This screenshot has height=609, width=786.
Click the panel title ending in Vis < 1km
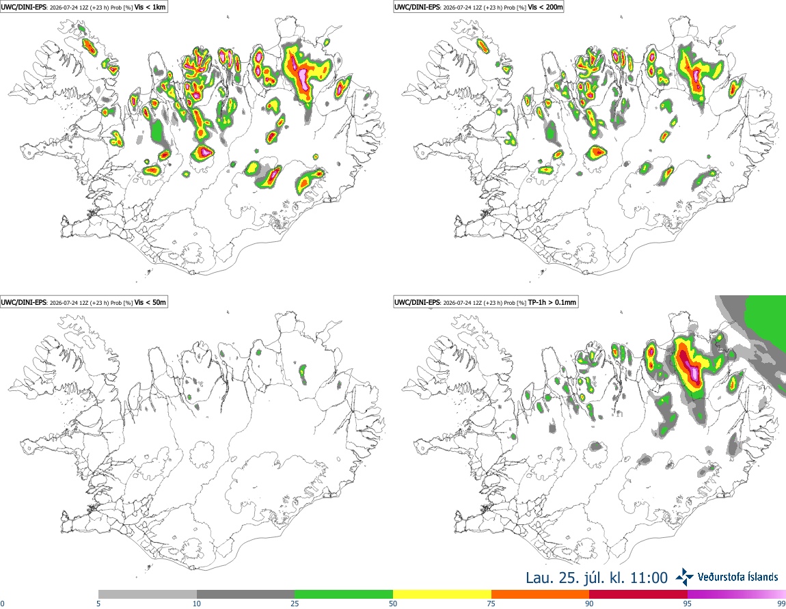tap(83, 7)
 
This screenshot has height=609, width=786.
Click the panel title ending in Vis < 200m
tap(478, 7)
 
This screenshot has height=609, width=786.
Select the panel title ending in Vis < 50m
tap(83, 302)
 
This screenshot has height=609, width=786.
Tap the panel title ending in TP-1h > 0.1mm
tap(486, 302)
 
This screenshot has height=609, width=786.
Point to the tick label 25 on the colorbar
tap(295, 604)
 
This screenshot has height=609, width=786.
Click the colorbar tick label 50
tap(393, 604)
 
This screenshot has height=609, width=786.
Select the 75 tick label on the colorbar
tap(491, 604)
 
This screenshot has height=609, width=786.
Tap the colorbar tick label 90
tap(589, 604)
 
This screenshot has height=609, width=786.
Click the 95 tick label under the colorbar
tap(688, 604)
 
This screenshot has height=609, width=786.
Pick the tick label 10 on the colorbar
tap(197, 604)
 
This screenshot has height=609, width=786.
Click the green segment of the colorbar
tap(344, 595)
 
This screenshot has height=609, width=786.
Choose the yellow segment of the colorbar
tap(442, 595)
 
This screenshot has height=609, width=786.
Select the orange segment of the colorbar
tap(540, 595)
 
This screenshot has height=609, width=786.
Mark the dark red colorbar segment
tap(638, 595)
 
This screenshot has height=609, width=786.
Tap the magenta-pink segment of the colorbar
tap(736, 595)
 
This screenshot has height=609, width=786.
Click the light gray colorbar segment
tap(148, 595)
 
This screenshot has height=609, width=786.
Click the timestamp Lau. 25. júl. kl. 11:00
tap(597, 578)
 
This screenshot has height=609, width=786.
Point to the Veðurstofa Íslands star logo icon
tap(685, 578)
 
